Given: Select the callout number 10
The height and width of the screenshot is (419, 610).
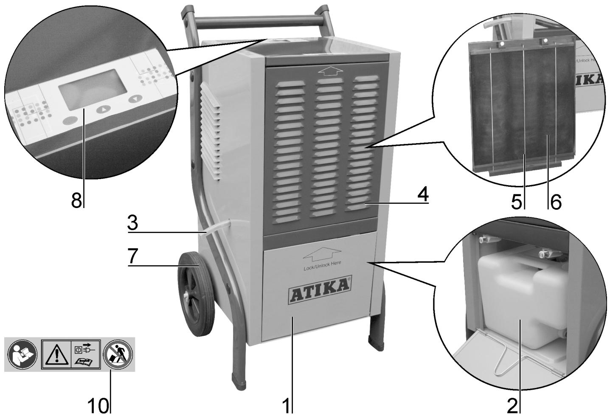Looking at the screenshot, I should [x=98, y=406].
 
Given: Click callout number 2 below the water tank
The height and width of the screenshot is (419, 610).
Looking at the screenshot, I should [x=512, y=406].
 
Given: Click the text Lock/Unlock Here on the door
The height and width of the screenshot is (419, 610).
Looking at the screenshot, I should [x=322, y=268].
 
